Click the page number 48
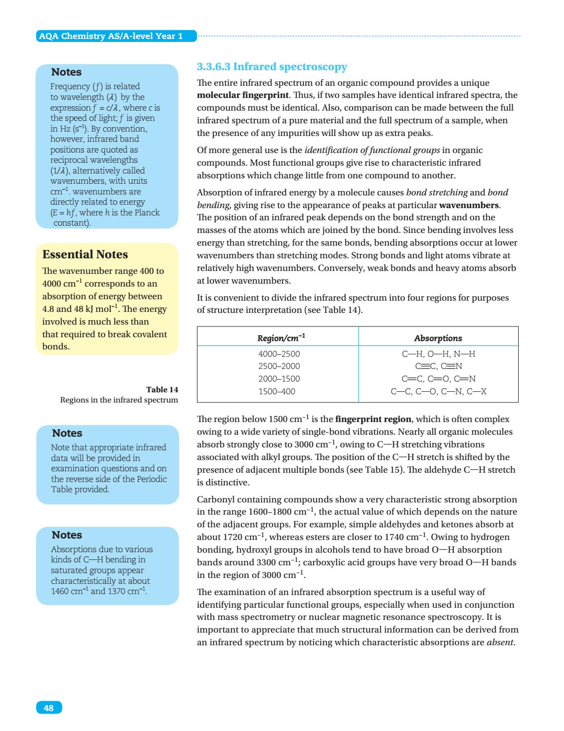tap(49, 708)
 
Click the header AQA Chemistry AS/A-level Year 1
tap(110, 37)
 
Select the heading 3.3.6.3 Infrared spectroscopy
tap(271, 67)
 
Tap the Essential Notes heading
tap(85, 255)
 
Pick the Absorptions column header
tap(438, 338)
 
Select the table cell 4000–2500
tap(279, 354)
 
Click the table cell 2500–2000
tap(279, 366)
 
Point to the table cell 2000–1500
tap(279, 379)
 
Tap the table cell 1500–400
tap(276, 391)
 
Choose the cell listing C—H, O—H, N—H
tap(438, 354)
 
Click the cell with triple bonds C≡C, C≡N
tap(438, 366)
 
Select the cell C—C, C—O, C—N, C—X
tap(438, 391)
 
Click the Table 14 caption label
tap(162, 389)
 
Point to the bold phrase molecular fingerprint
tap(242, 95)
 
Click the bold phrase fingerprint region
tap(373, 419)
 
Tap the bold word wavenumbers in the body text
tap(469, 205)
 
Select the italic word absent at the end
tap(500, 642)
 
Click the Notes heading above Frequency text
tap(66, 72)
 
